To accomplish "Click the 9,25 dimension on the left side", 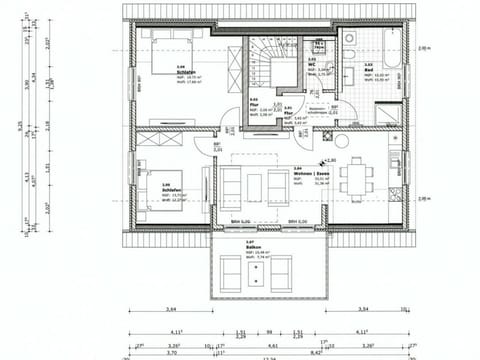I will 17,128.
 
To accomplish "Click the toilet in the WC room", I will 320,48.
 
